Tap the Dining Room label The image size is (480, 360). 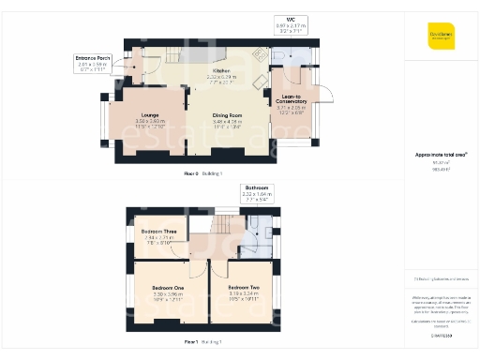pos(227,116)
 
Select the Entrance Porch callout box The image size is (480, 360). pos(93,62)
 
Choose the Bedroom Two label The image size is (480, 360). pos(243,292)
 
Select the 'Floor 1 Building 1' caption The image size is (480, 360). pos(202,341)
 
